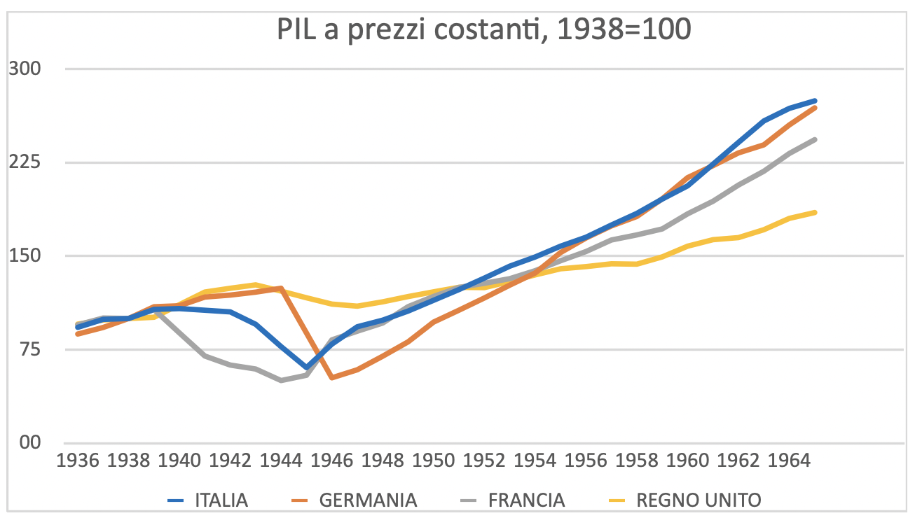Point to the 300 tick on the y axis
pos(25,69)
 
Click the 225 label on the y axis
pos(25,162)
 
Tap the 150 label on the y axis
pos(25,255)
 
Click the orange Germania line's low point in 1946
pos(332,377)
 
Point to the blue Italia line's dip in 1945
pos(307,367)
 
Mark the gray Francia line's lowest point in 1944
pos(281,380)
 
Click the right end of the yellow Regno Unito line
pos(816,212)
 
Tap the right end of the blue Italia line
pos(816,101)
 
